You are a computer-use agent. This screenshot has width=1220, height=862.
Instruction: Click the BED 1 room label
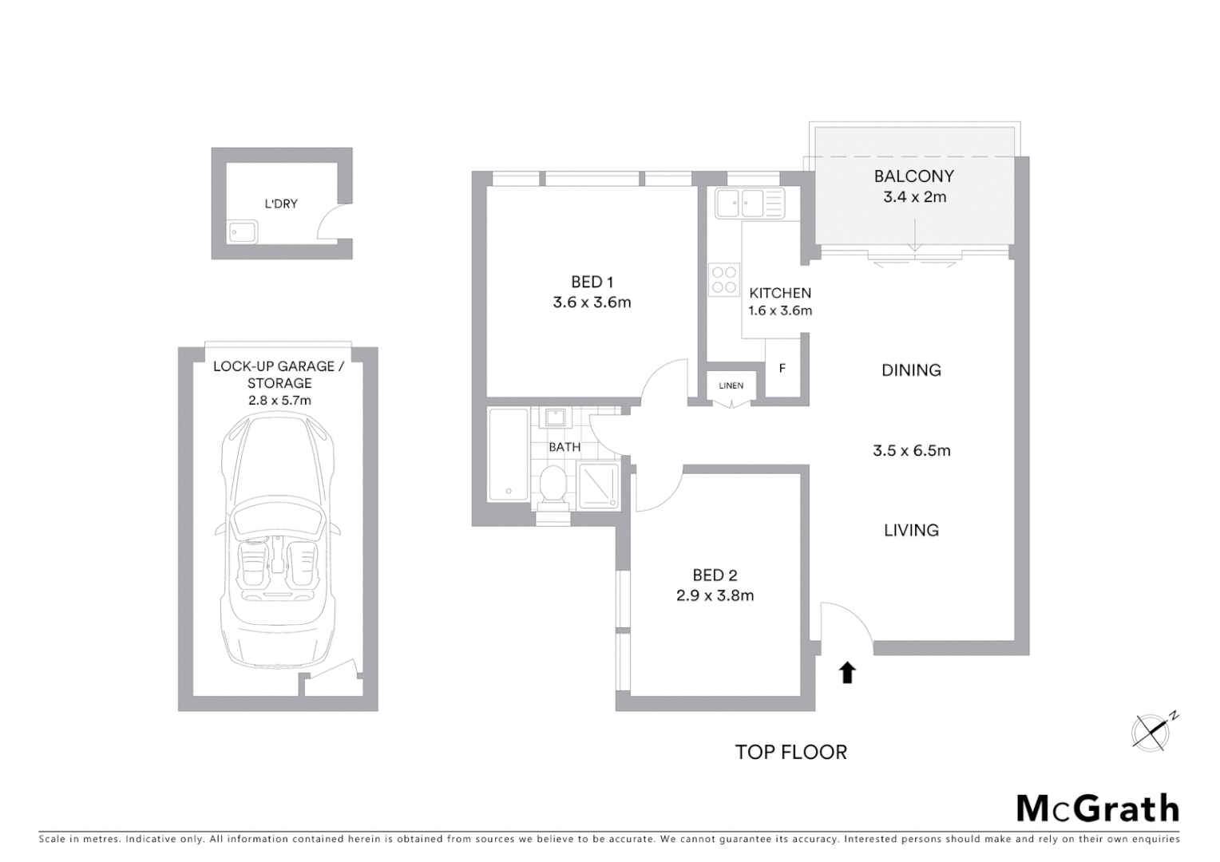coord(592,282)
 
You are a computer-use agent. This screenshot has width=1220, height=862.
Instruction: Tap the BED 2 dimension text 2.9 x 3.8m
coord(715,595)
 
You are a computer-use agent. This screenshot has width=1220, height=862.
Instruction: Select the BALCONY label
coord(914,176)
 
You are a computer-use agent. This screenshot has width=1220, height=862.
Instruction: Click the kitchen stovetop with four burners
coord(724,279)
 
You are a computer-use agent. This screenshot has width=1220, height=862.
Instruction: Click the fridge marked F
coord(782,368)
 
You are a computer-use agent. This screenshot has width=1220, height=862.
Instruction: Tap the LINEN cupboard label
coord(731,386)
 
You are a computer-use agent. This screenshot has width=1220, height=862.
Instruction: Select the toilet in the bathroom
coord(553,486)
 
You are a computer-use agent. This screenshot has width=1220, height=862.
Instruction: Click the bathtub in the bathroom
coord(508,454)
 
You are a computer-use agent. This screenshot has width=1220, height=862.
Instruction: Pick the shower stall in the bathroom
coord(599,484)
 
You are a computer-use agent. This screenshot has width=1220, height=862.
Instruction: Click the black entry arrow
coord(847,673)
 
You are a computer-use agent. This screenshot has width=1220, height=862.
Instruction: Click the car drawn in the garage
coord(278,543)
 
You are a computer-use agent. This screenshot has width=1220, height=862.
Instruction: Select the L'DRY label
coord(281,204)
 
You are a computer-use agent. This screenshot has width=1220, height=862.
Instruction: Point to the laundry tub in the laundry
coord(243,231)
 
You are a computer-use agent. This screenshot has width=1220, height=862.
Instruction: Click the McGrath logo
coord(1098,809)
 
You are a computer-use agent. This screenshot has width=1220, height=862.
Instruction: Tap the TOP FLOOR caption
coord(790,752)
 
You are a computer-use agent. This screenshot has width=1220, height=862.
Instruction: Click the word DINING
coord(911,370)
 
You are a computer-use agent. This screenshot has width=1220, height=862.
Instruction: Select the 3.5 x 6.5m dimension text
coord(912,451)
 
